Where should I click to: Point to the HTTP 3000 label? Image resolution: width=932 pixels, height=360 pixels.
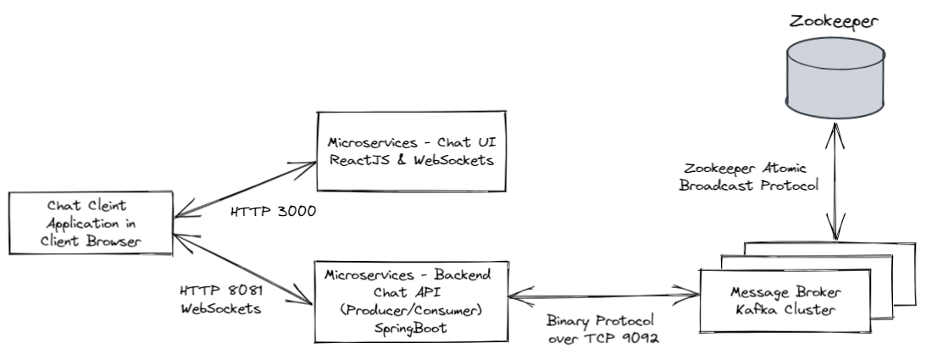click(274, 211)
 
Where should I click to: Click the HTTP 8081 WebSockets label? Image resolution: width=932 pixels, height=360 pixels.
click(218, 298)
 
